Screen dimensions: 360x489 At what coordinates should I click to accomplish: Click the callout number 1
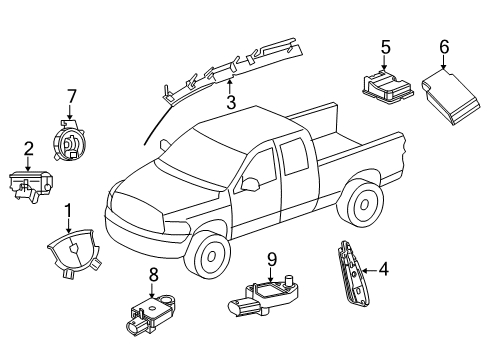point(69,211)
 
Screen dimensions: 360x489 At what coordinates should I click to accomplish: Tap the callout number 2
point(28,149)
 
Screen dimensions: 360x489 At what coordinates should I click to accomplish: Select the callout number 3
point(231,102)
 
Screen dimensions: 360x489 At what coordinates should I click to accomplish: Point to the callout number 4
point(383,267)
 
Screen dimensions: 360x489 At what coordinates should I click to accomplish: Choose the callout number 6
point(444,45)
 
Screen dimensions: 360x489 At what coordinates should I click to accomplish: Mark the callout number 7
point(71,96)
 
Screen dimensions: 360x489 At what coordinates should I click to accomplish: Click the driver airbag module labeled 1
point(71,250)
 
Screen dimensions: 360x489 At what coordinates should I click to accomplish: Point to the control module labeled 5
point(384,83)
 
